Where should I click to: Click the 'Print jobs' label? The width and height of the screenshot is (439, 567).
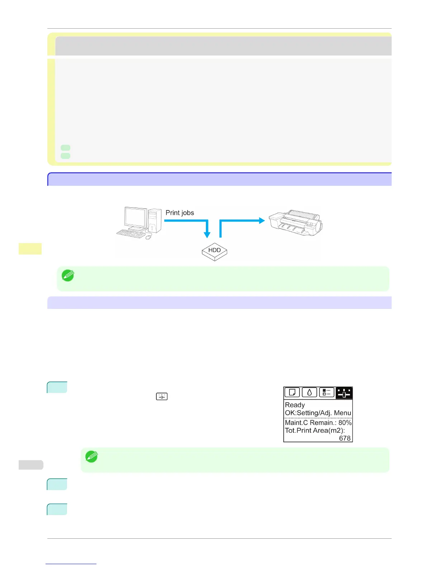click(180, 213)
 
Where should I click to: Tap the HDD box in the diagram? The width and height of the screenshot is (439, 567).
click(214, 251)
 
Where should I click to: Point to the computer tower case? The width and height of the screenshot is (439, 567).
click(155, 221)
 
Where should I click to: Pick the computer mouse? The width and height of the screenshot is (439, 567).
click(149, 237)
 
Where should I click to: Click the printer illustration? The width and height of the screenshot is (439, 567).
click(296, 223)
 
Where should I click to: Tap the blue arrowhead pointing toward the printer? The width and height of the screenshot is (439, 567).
click(261, 220)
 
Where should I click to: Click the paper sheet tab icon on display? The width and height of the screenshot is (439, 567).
click(292, 393)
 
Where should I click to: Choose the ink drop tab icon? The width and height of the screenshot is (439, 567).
click(309, 393)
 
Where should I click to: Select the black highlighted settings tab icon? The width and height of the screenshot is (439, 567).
click(344, 393)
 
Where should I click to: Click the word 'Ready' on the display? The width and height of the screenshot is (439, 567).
click(295, 405)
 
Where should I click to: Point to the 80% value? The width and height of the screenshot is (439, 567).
click(345, 422)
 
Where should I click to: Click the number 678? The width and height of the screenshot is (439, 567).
click(345, 438)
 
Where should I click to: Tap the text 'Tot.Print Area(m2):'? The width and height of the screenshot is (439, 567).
click(315, 430)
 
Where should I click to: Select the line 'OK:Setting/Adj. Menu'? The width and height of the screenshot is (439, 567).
click(318, 413)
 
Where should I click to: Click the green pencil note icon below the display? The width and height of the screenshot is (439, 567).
click(91, 457)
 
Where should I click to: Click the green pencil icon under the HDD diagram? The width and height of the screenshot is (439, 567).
click(68, 275)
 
